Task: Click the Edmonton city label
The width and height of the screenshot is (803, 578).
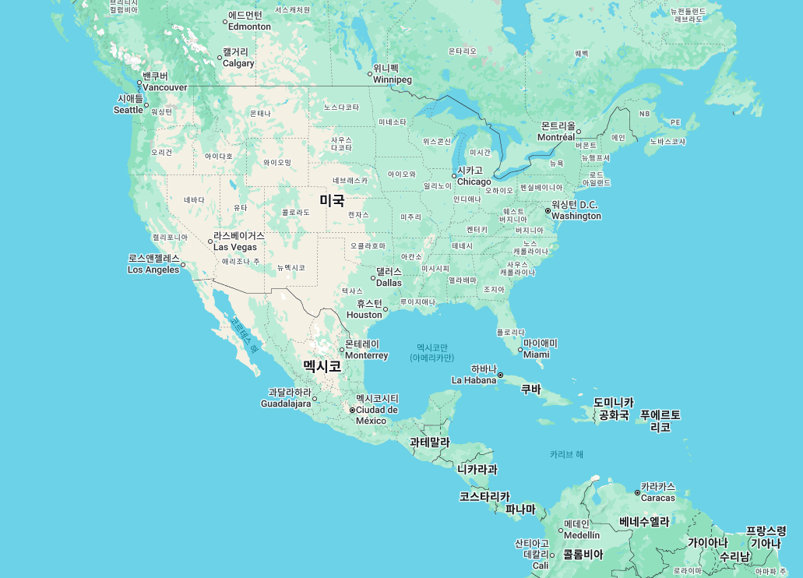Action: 249,21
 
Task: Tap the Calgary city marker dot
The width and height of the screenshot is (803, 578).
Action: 220,56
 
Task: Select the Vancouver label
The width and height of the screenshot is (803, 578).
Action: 164,82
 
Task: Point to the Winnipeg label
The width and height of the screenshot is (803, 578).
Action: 392,74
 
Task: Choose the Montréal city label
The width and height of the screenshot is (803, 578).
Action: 556,132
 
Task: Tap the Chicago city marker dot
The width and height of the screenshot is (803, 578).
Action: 454,175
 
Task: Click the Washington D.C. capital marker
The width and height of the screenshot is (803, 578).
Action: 548,210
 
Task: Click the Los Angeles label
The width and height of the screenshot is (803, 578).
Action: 153,264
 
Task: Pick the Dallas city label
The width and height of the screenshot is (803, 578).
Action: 389,277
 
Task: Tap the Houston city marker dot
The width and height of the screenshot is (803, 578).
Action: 386,309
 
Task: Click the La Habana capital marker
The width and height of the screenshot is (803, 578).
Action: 500,375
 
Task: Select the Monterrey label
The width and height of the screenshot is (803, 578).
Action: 366,350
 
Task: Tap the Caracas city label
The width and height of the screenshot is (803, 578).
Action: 658,492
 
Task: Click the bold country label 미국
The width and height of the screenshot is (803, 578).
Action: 332,200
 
